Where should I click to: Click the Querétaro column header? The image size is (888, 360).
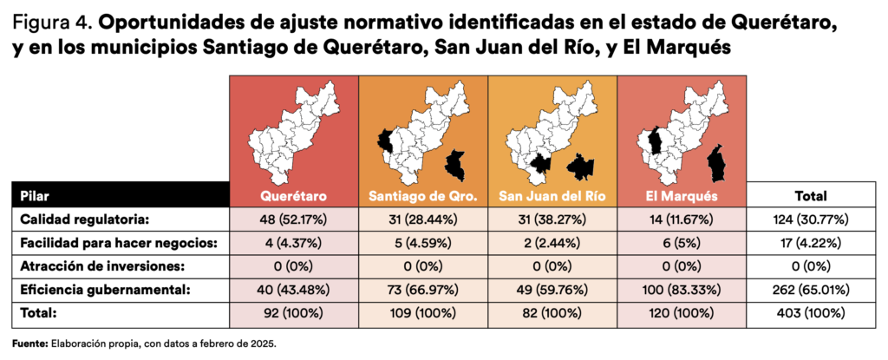(294, 196)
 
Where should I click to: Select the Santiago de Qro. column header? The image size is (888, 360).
(423, 196)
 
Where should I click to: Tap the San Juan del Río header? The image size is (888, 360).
(552, 196)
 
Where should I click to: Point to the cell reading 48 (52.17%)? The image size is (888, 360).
(294, 219)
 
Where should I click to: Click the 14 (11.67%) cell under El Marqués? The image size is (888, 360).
(682, 219)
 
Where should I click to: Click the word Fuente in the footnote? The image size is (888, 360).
(29, 344)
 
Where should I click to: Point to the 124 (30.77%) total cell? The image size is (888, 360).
(811, 219)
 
